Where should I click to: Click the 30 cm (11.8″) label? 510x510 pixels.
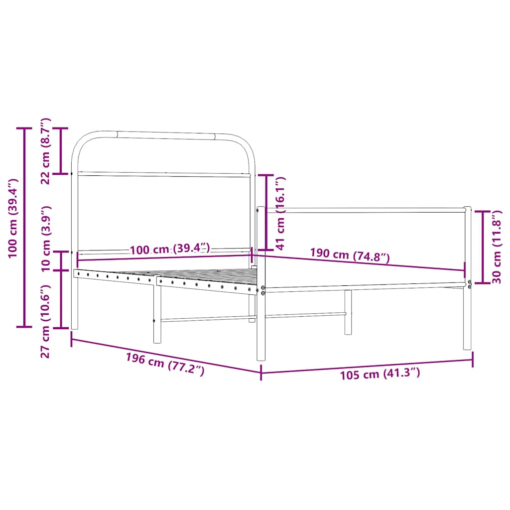point(496,247)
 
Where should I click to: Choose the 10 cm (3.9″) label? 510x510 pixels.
point(46,239)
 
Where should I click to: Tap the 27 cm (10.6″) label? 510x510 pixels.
point(46,321)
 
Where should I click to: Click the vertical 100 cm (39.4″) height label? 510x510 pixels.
point(13,218)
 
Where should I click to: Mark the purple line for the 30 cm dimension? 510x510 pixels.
point(483,247)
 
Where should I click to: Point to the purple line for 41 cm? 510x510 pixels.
point(266,212)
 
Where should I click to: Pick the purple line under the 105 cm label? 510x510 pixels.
point(367,366)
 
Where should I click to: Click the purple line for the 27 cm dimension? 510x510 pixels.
point(61,299)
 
